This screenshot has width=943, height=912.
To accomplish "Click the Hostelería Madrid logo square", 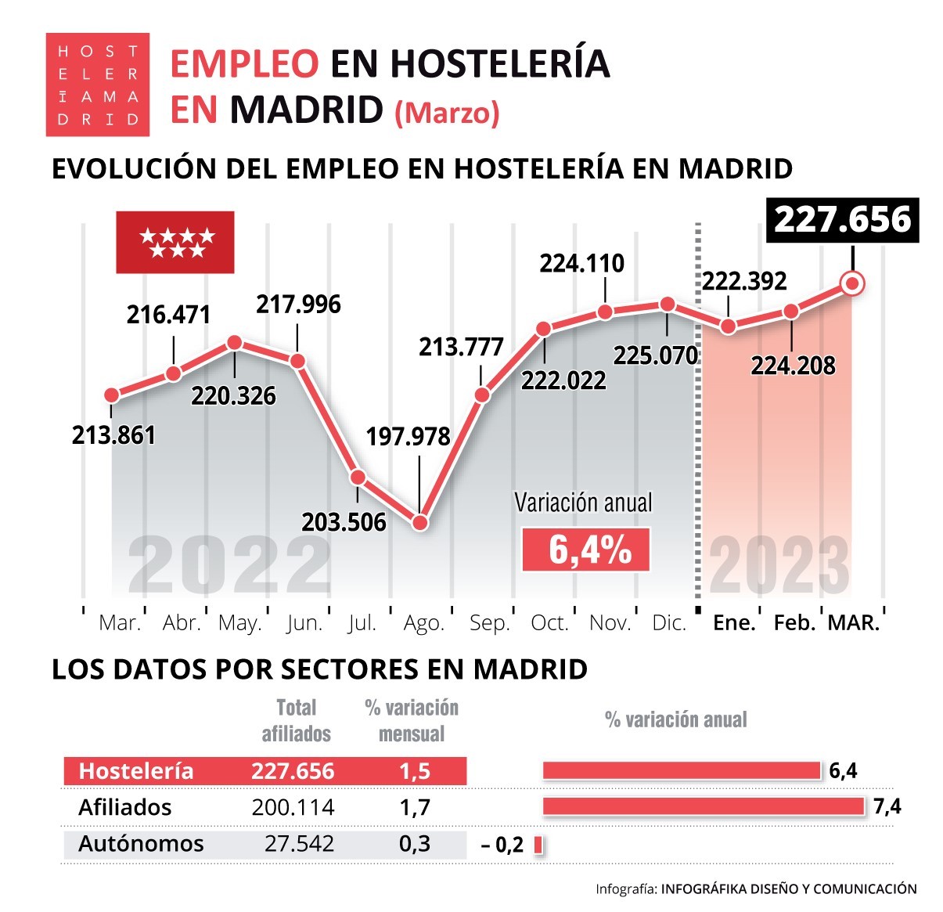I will pyautogui.click(x=97, y=85).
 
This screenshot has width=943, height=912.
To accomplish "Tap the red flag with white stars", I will pyautogui.click(x=175, y=242).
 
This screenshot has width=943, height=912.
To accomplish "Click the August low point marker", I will pyautogui.click(x=420, y=523).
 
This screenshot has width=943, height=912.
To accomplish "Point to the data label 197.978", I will pyautogui.click(x=409, y=436).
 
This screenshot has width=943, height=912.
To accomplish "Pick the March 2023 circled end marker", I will pyautogui.click(x=852, y=284).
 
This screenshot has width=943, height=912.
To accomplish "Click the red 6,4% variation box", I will pyautogui.click(x=586, y=549).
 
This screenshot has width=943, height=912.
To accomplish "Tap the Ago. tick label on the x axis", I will pyautogui.click(x=423, y=623).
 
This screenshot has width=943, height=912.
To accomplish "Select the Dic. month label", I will pyautogui.click(x=669, y=623).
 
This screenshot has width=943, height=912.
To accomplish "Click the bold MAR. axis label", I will pyautogui.click(x=853, y=623).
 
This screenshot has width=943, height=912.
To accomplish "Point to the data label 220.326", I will pyautogui.click(x=233, y=396).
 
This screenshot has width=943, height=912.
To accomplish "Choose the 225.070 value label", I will pyautogui.click(x=656, y=356).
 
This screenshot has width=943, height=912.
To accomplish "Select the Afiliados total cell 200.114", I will pyautogui.click(x=293, y=807).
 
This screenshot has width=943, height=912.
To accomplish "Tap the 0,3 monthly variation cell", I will pyautogui.click(x=415, y=843).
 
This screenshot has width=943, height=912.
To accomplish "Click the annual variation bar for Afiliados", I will pyautogui.click(x=703, y=806).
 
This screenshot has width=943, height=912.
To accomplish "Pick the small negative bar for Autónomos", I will pyautogui.click(x=538, y=845).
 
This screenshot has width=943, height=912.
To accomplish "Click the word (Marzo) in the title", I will pyautogui.click(x=447, y=113).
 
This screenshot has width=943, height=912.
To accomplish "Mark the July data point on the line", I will pyautogui.click(x=358, y=478).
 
